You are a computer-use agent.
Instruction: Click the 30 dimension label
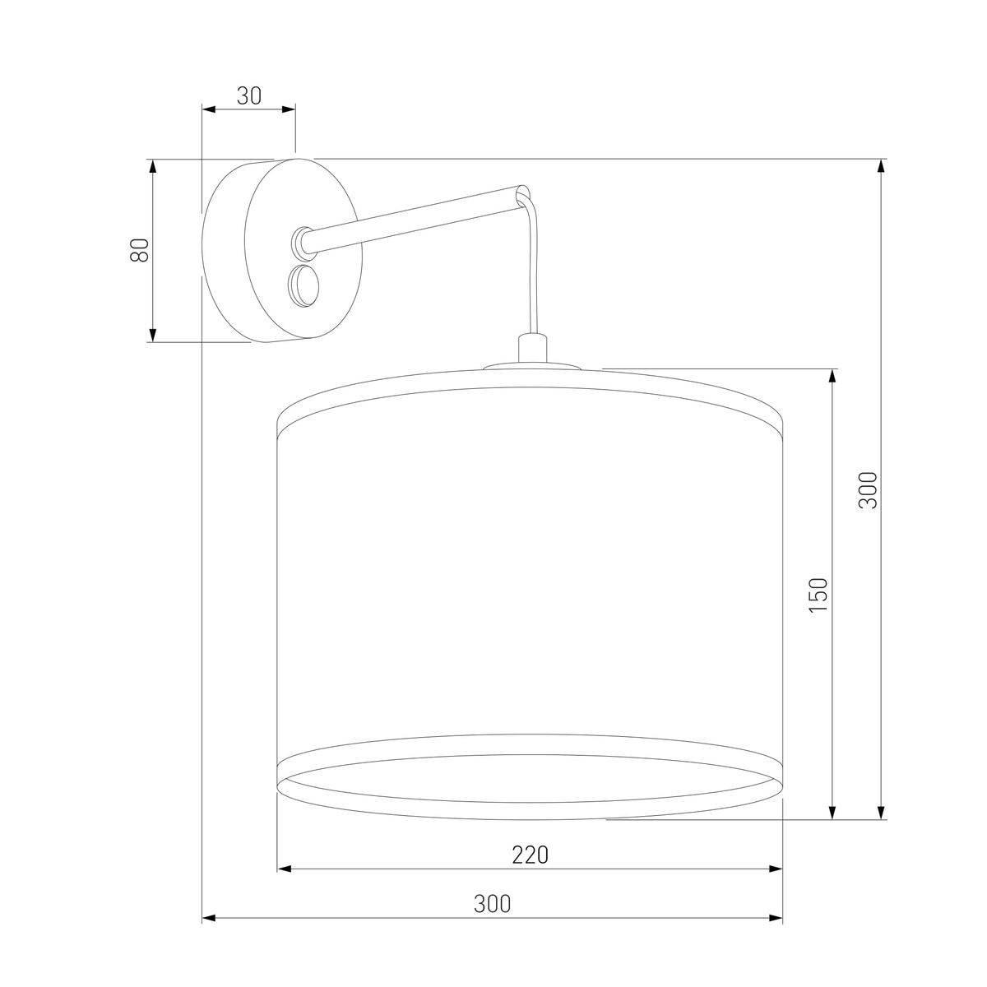coord(248,96)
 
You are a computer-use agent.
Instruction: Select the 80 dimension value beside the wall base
coord(141,249)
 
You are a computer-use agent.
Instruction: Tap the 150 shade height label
coord(819,594)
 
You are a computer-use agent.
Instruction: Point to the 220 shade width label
coord(530,855)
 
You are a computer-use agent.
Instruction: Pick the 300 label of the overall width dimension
coord(492,904)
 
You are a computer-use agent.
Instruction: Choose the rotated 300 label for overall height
coord(869,490)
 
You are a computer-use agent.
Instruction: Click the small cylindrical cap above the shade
coord(531,346)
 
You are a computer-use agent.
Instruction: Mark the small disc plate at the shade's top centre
coord(531,367)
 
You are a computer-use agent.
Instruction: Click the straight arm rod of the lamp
coord(411,218)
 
